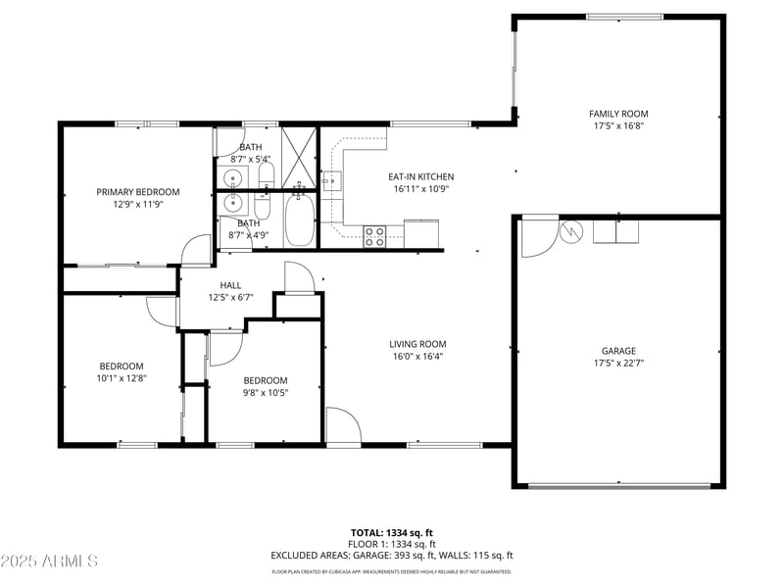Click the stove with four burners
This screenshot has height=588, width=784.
click(x=375, y=235)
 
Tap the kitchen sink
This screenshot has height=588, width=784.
click(x=332, y=181)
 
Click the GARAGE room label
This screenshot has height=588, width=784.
click(x=618, y=351)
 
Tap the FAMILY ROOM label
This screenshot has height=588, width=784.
click(x=618, y=114)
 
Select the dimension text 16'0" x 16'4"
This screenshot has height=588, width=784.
click(x=417, y=357)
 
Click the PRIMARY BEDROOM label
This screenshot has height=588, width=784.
click(x=138, y=192)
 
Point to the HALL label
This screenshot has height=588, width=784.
click(x=230, y=285)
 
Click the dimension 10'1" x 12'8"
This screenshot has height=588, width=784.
click(x=121, y=377)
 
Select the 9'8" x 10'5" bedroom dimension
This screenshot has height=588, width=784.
click(x=266, y=392)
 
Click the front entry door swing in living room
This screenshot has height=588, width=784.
click(x=342, y=426)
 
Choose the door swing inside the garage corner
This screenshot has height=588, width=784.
click(x=536, y=237)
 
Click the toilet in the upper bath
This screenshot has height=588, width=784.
click(x=266, y=175)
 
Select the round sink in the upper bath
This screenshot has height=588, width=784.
click(x=232, y=178)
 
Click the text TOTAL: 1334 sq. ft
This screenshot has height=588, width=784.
click(x=392, y=532)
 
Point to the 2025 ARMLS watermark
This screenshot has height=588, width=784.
click(x=49, y=562)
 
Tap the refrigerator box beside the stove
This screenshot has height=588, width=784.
click(x=421, y=234)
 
